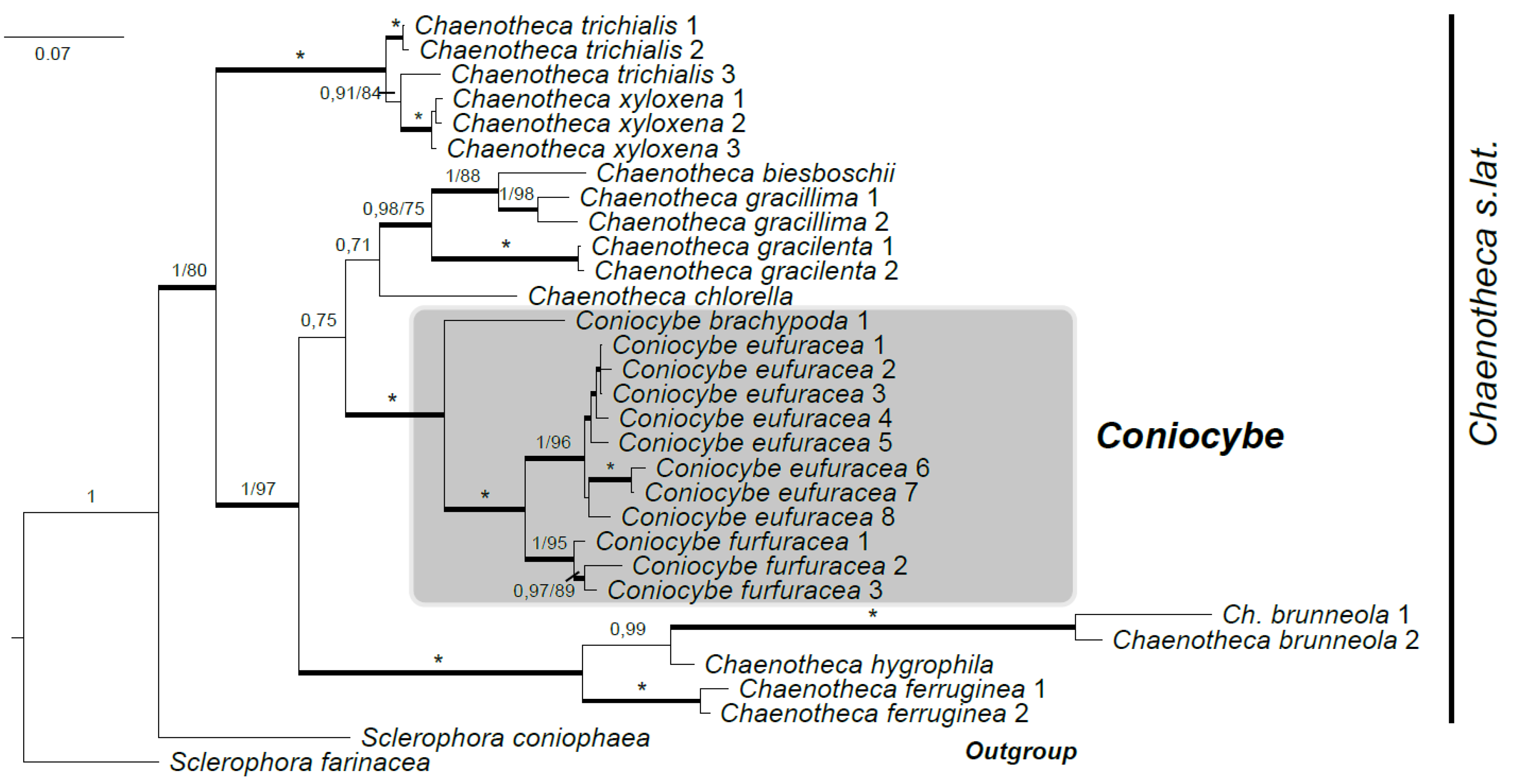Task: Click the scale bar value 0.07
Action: [52, 54]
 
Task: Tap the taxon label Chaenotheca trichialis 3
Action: [592, 74]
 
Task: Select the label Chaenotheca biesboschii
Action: [745, 173]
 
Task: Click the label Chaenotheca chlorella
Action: [660, 296]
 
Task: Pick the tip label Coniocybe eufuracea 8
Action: [757, 517]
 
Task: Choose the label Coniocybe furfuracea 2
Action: [769, 566]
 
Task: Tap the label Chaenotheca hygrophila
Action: [849, 664]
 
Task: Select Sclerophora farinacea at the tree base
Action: [300, 762]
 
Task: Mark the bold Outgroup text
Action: [1021, 751]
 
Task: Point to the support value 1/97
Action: [258, 489]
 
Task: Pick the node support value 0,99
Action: [627, 629]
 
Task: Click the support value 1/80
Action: [189, 270]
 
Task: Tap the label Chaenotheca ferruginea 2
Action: [874, 714]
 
